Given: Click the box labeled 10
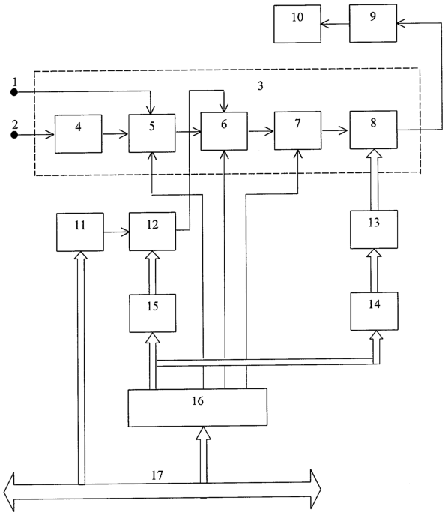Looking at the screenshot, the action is tap(297, 24).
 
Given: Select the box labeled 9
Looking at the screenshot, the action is tap(373, 23).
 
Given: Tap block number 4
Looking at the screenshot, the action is tap(78, 134).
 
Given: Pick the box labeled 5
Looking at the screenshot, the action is tap(151, 133).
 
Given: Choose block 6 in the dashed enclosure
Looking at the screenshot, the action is tap(224, 131).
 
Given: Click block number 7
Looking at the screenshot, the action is tap(297, 130).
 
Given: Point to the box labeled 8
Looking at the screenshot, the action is tap(374, 130).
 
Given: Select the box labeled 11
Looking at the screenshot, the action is tap(80, 232).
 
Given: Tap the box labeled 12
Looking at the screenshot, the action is tap(152, 232).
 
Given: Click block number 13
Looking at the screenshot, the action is tap(374, 229).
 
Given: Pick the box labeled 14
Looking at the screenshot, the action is tap(374, 311).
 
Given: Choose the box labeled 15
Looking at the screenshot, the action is tap(153, 313).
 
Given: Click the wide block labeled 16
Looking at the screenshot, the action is tap(198, 408).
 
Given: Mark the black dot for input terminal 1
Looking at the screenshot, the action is tap(14, 92).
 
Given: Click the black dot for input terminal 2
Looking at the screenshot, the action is tap(14, 135).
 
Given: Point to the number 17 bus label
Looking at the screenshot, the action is tap(157, 475).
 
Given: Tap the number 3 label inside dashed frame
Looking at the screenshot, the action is tap(260, 86).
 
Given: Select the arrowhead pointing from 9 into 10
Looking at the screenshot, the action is tap(325, 24).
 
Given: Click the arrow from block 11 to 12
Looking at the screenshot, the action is tap(117, 232).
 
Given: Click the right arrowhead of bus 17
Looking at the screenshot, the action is tap(315, 490).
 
